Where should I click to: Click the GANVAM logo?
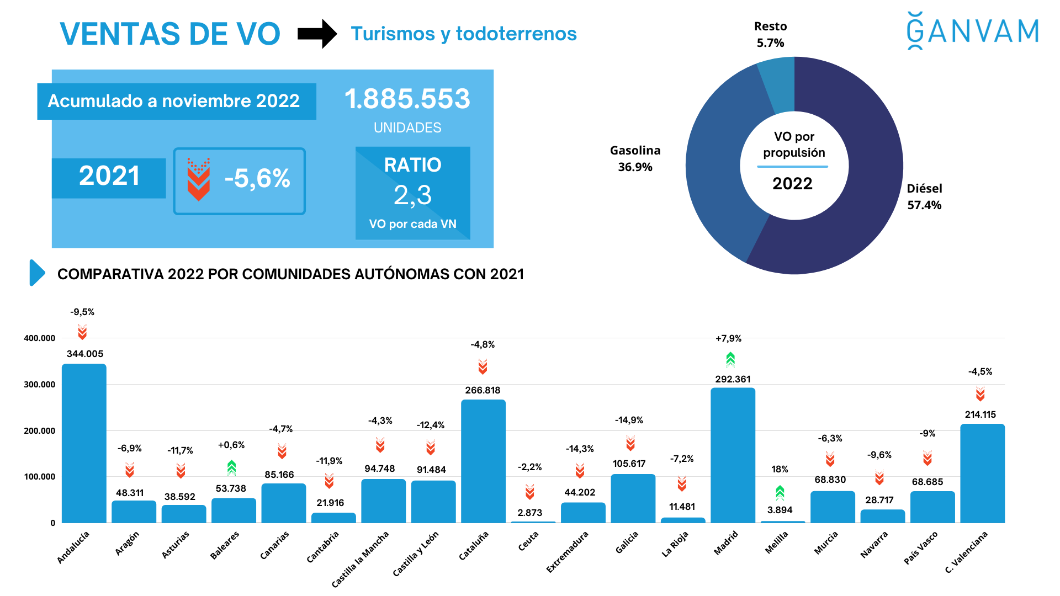click(973, 31)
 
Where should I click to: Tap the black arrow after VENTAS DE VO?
click(317, 34)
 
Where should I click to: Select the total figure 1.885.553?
click(407, 99)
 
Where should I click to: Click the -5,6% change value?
click(257, 179)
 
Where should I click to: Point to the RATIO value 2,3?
click(412, 195)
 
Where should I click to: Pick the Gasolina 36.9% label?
click(635, 158)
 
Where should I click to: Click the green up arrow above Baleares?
click(231, 467)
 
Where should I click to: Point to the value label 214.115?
click(980, 414)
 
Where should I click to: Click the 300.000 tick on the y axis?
click(39, 385)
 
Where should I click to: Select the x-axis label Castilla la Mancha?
click(360, 558)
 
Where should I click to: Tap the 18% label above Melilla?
click(780, 469)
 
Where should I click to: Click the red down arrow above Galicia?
click(630, 443)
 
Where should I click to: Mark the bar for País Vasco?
click(932, 507)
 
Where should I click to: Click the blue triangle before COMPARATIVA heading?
click(36, 273)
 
